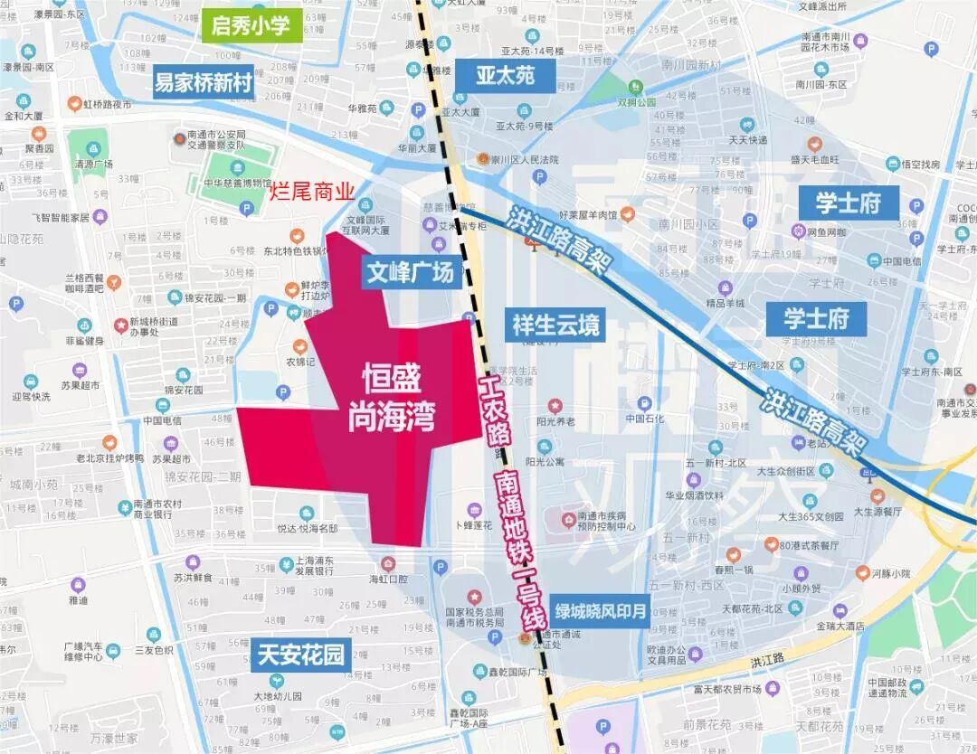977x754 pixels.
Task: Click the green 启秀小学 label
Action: (251, 25)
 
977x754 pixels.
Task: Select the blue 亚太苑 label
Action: (505, 74)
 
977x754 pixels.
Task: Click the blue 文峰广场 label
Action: (410, 272)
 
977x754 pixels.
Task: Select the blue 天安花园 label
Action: (300, 655)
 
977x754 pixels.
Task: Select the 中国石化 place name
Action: (644, 419)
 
